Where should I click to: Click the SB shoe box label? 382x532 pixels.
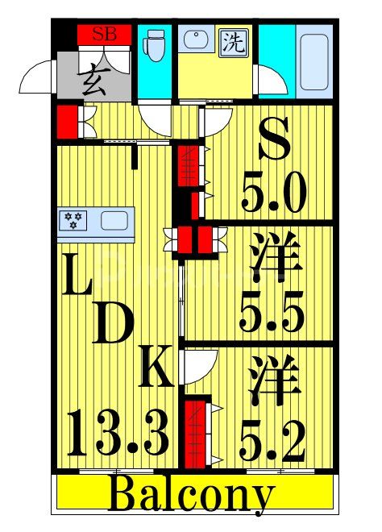[103, 34]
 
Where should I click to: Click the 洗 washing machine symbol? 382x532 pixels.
[234, 41]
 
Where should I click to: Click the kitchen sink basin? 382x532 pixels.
[114, 219]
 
